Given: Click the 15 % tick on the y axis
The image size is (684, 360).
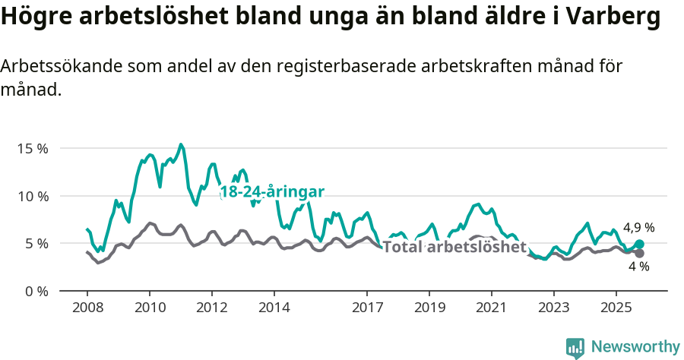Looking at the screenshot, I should click(32, 148).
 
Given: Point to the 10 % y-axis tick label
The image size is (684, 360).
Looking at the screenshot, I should click(32, 196).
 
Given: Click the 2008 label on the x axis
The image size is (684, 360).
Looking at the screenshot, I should click(87, 310).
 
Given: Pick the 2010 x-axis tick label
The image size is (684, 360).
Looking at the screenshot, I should click(149, 310).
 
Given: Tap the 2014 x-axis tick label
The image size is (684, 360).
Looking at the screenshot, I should click(274, 310).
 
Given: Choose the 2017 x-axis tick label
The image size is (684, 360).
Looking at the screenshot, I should click(367, 310).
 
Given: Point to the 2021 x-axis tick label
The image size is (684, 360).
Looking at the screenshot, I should click(491, 310).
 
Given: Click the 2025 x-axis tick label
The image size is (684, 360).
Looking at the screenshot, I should click(616, 310).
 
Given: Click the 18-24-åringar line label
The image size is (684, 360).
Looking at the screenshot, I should click(272, 191).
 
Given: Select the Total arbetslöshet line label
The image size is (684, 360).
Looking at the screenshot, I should click(454, 247).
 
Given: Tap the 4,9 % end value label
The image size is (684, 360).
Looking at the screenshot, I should click(638, 227).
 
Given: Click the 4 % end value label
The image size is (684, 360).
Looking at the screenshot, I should click(638, 267).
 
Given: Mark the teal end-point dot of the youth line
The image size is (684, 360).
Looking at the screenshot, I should click(639, 245).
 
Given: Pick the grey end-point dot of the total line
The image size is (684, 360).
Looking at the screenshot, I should click(639, 253).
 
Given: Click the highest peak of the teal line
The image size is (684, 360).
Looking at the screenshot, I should click(181, 144).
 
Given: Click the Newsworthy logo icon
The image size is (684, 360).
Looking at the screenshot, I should click(575, 347).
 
